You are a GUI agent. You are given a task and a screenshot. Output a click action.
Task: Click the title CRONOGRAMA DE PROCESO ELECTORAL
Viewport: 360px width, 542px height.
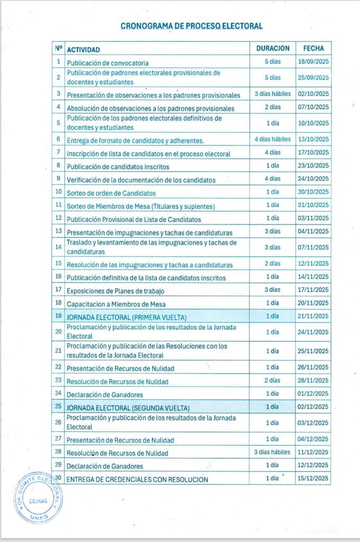click(192, 25)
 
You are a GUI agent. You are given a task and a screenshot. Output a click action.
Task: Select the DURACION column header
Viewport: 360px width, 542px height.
click(273, 48)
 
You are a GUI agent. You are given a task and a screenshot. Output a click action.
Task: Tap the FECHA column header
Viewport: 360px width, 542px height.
click(313, 48)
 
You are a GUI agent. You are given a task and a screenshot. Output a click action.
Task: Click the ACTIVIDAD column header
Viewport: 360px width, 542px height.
click(84, 49)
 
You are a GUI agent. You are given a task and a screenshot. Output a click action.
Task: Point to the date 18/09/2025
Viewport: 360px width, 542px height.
click(313, 62)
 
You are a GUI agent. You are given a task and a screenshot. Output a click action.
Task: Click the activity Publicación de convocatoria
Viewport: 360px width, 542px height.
click(107, 63)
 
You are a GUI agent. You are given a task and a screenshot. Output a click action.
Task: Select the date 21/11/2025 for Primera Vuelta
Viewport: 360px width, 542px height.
click(313, 316)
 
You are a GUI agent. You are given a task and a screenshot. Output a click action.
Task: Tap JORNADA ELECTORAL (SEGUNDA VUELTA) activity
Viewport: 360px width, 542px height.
click(128, 408)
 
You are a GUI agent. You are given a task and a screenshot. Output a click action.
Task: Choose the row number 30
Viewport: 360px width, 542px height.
click(58, 478)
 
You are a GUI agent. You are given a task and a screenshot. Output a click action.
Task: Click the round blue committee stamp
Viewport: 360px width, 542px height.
click(38, 498)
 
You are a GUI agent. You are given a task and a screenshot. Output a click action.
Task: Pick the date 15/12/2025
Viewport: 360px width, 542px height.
click(313, 478)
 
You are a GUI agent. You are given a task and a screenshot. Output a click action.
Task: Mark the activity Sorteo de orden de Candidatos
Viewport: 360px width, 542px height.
click(111, 193)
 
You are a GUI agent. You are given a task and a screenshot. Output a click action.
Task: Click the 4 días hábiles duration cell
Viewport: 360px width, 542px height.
click(273, 139)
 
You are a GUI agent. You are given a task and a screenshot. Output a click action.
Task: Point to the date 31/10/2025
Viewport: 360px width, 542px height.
click(313, 205)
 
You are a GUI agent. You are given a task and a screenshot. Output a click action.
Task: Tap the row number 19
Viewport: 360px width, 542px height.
click(58, 316)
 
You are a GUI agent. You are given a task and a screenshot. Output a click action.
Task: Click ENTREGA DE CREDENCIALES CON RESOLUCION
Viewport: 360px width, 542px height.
click(137, 480)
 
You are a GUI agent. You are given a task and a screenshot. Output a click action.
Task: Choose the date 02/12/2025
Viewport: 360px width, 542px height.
click(313, 406)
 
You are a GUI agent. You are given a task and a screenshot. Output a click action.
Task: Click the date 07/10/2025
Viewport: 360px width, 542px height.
click(313, 107)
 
